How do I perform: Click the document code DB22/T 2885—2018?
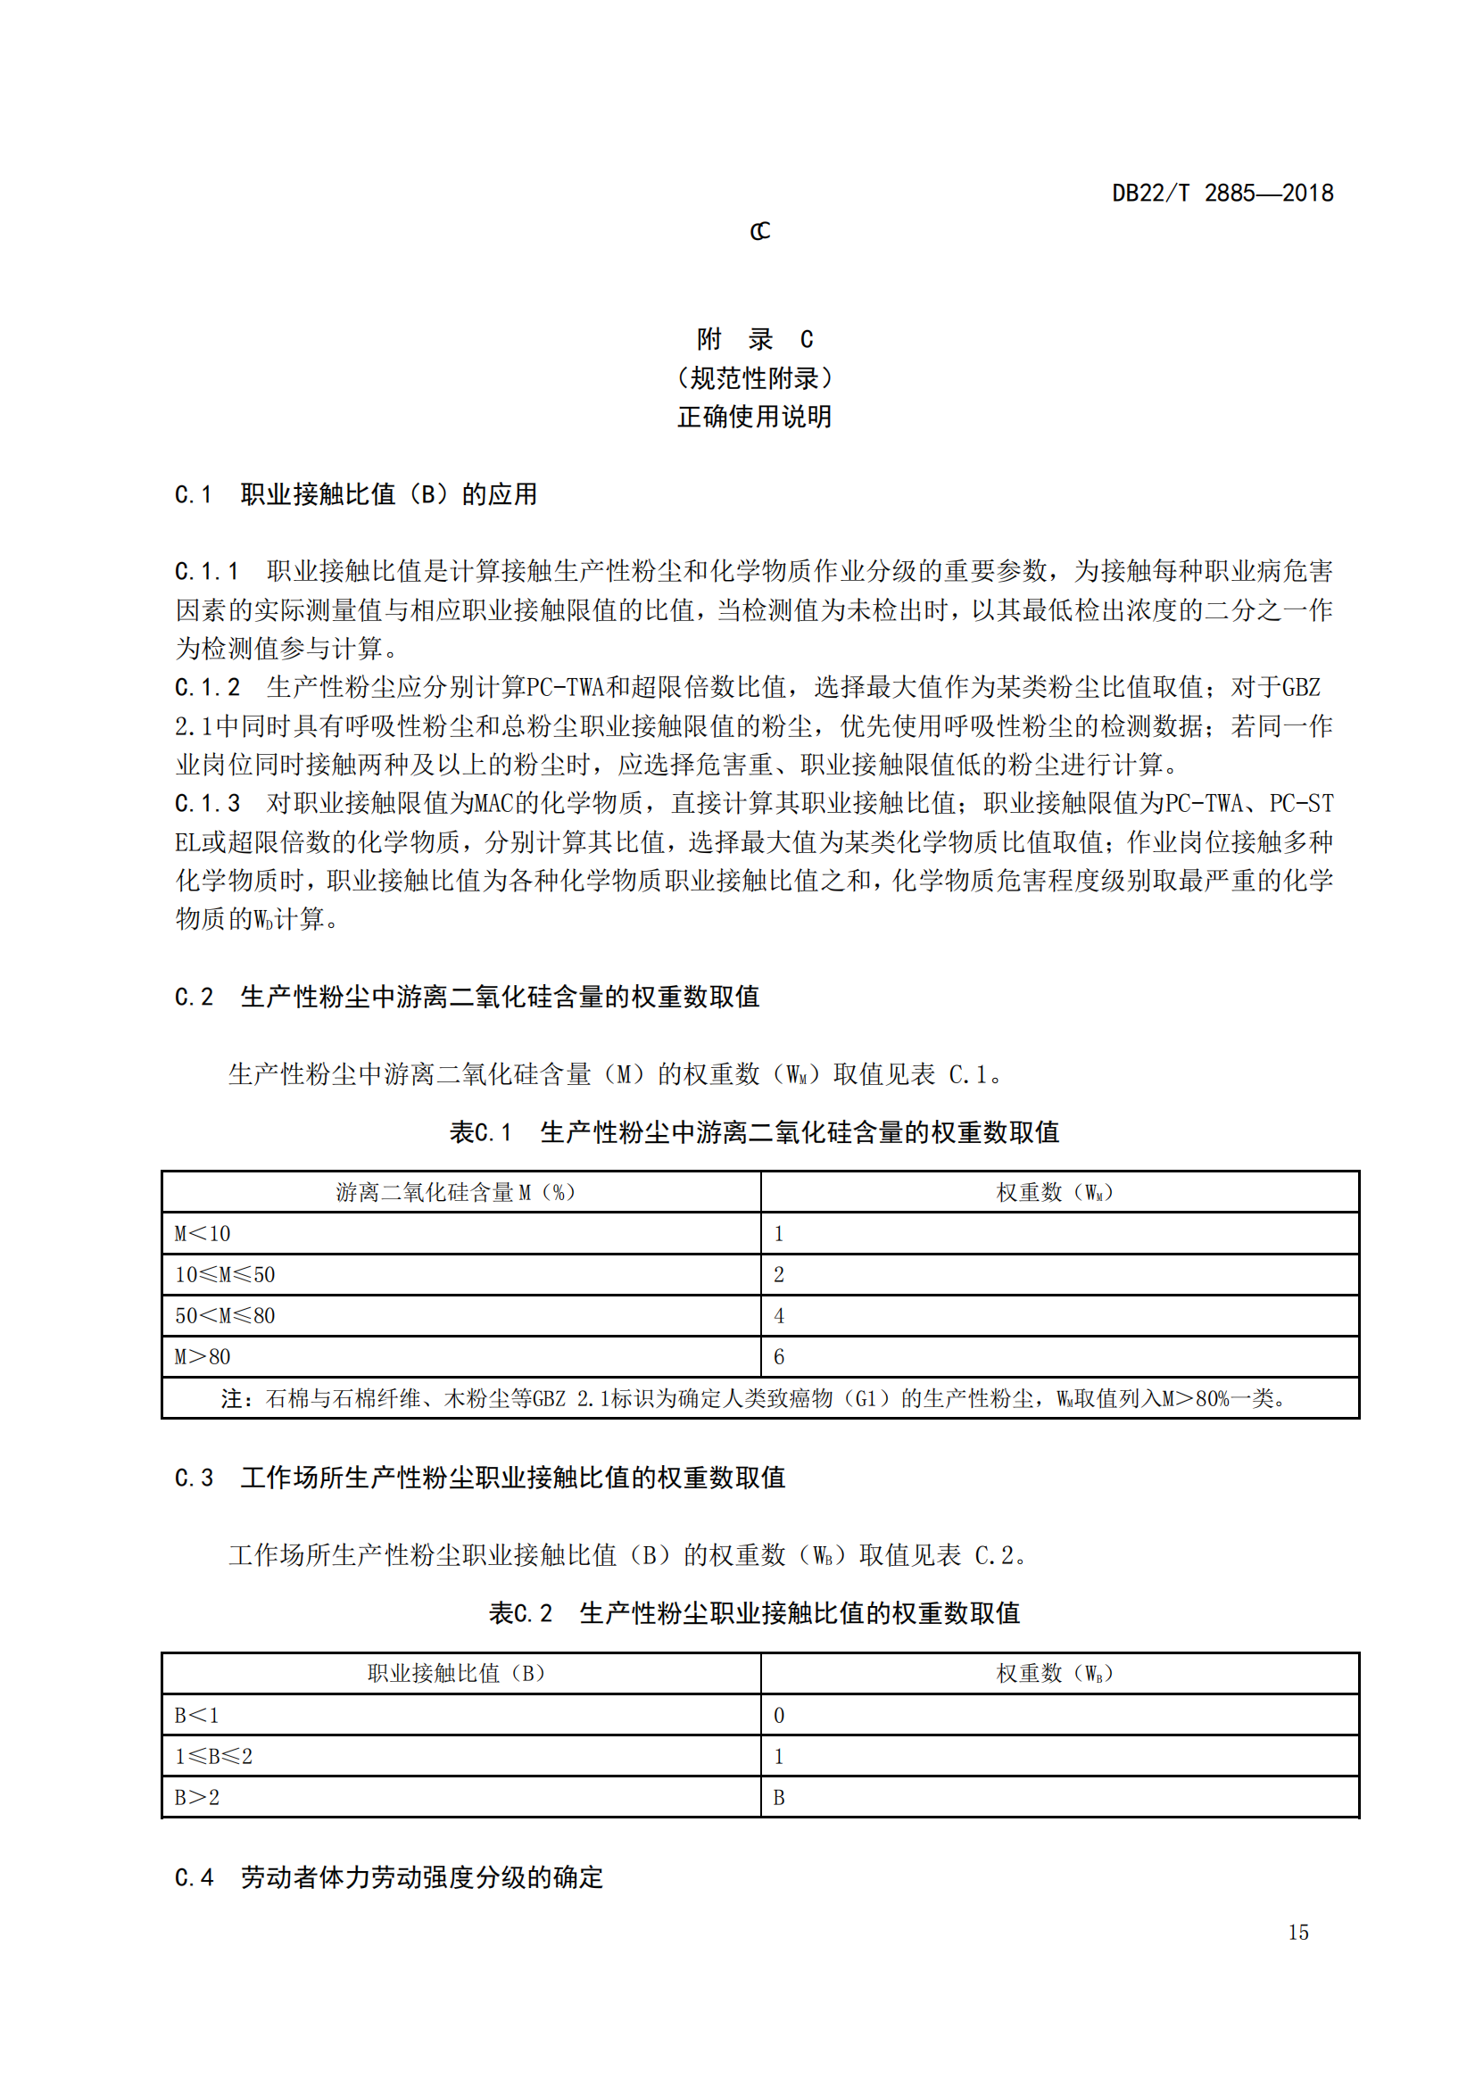[x=1222, y=193]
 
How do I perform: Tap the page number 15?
[x=1297, y=1933]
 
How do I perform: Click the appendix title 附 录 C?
[x=754, y=339]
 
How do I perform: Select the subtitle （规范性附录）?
[x=754, y=378]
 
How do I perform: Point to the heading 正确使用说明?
[x=754, y=418]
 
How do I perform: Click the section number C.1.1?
[x=206, y=572]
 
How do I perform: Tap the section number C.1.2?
[x=206, y=687]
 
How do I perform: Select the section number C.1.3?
[x=206, y=804]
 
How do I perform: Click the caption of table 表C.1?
[x=754, y=1132]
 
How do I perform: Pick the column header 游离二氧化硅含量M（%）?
[x=456, y=1193]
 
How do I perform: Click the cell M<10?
[x=203, y=1233]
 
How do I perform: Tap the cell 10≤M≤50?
[x=225, y=1274]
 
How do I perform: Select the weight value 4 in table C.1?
[x=779, y=1315]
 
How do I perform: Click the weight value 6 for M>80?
[x=779, y=1357]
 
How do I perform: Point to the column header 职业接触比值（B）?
[x=456, y=1673]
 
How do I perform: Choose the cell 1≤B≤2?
[x=213, y=1756]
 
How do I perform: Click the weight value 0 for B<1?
[x=779, y=1715]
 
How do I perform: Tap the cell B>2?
[x=197, y=1797]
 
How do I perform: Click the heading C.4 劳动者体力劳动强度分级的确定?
[x=389, y=1878]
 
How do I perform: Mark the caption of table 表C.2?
[x=754, y=1613]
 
